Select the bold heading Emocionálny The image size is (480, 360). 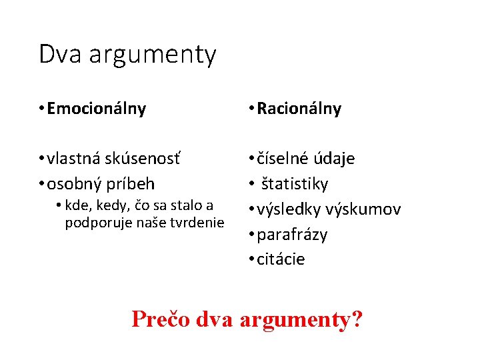pyautogui.click(x=97, y=109)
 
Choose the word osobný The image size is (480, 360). pyautogui.click(x=73, y=183)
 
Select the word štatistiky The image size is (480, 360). pyautogui.click(x=295, y=183)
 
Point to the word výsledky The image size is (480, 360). pyautogui.click(x=291, y=209)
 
